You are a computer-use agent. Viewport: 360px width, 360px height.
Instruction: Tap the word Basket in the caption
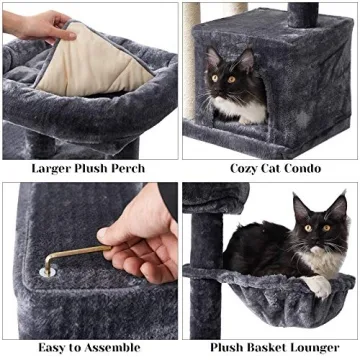click(x=264, y=347)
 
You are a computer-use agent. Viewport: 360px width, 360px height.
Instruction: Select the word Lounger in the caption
click(x=319, y=347)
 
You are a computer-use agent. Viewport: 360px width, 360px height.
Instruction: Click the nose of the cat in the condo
click(x=227, y=89)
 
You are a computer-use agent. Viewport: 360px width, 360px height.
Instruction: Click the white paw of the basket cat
click(x=318, y=286)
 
